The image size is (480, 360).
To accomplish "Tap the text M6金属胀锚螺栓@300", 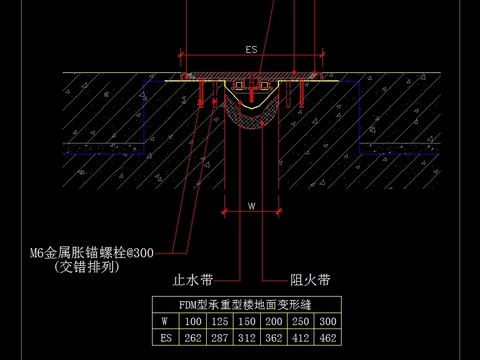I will click(x=92, y=253).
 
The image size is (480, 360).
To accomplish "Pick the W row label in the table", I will click(x=165, y=321).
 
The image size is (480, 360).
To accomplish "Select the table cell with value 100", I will click(x=192, y=321).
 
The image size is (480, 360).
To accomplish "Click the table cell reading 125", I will click(x=219, y=321).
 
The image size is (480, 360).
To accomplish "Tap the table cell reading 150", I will click(x=246, y=321).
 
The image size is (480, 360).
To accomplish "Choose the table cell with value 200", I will click(x=273, y=321).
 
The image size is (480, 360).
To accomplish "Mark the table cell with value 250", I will click(x=300, y=321).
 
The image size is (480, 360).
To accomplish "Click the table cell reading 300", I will click(x=327, y=321).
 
